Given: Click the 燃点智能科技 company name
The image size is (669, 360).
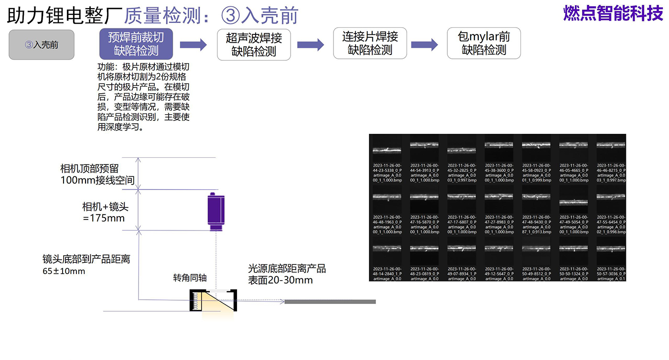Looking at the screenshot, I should point(613,13).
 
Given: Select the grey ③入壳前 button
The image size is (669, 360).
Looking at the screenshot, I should point(42,45).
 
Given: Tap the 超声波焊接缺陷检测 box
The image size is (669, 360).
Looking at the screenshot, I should point(254,44).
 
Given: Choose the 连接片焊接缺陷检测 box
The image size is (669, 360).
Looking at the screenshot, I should point(370,43).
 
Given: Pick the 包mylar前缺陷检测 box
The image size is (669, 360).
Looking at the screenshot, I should point(484,43).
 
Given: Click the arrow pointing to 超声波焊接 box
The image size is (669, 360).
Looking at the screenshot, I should point(193,45).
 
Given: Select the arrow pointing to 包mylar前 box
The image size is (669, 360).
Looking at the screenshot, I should point(424,45).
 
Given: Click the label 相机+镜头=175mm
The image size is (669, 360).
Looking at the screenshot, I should point(105,213).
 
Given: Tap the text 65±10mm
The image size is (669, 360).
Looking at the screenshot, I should point(64,272).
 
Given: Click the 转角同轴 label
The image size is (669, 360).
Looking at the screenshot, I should point(190,278).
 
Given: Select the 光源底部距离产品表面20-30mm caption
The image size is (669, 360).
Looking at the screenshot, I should point(287,274).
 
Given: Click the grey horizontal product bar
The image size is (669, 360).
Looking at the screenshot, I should point(330,302).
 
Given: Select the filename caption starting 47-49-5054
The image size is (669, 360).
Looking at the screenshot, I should point(574,224).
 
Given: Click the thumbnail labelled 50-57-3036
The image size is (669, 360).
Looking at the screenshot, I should point(611,249).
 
